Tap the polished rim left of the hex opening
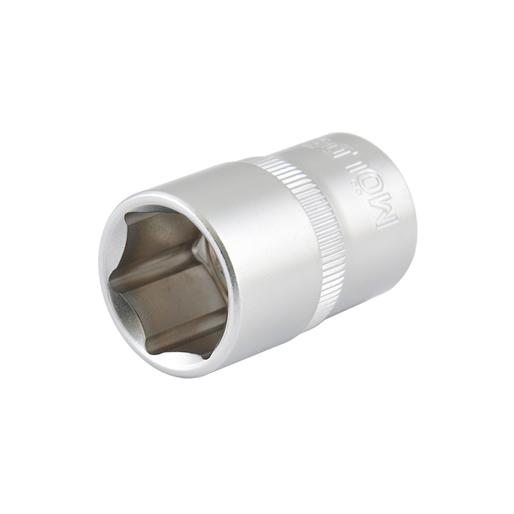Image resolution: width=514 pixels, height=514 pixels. pos(106,268)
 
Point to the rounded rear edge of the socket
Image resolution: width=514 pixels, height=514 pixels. pos(409,211)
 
